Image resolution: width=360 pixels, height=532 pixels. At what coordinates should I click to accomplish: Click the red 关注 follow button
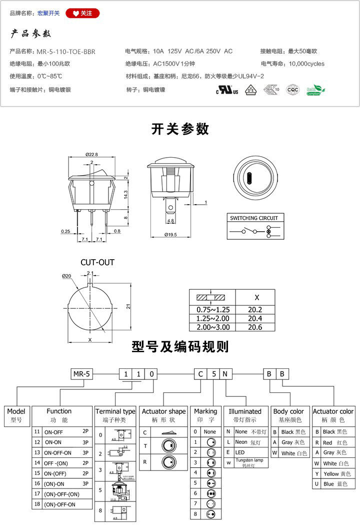pyautogui.click(x=83, y=13)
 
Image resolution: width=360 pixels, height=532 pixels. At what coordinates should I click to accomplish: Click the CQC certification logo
pyautogui.click(x=292, y=90)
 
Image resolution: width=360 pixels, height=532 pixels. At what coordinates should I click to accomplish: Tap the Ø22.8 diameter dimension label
pyautogui.click(x=91, y=154)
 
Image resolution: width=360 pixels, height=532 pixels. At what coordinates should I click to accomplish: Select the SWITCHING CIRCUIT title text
pyautogui.click(x=253, y=218)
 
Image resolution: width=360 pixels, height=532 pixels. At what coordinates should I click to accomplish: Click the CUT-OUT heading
pyautogui.click(x=97, y=262)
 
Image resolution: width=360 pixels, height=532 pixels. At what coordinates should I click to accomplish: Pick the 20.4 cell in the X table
pyautogui.click(x=255, y=318)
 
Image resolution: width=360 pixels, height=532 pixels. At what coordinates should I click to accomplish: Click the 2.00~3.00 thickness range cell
pyautogui.click(x=213, y=327)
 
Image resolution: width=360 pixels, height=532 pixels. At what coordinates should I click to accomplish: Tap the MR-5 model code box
pyautogui.click(x=80, y=374)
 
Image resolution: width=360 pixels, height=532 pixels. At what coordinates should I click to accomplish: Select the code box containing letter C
pyautogui.click(x=200, y=374)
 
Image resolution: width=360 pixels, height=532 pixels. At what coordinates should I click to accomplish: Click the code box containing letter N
pyautogui.click(x=225, y=374)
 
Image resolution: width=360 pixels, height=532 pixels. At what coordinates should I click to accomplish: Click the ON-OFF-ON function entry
pyautogui.click(x=59, y=452)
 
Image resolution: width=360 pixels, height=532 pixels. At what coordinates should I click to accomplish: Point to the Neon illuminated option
pyautogui.click(x=241, y=442)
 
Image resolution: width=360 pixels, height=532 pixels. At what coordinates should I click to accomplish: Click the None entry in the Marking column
pyautogui.click(x=209, y=431)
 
